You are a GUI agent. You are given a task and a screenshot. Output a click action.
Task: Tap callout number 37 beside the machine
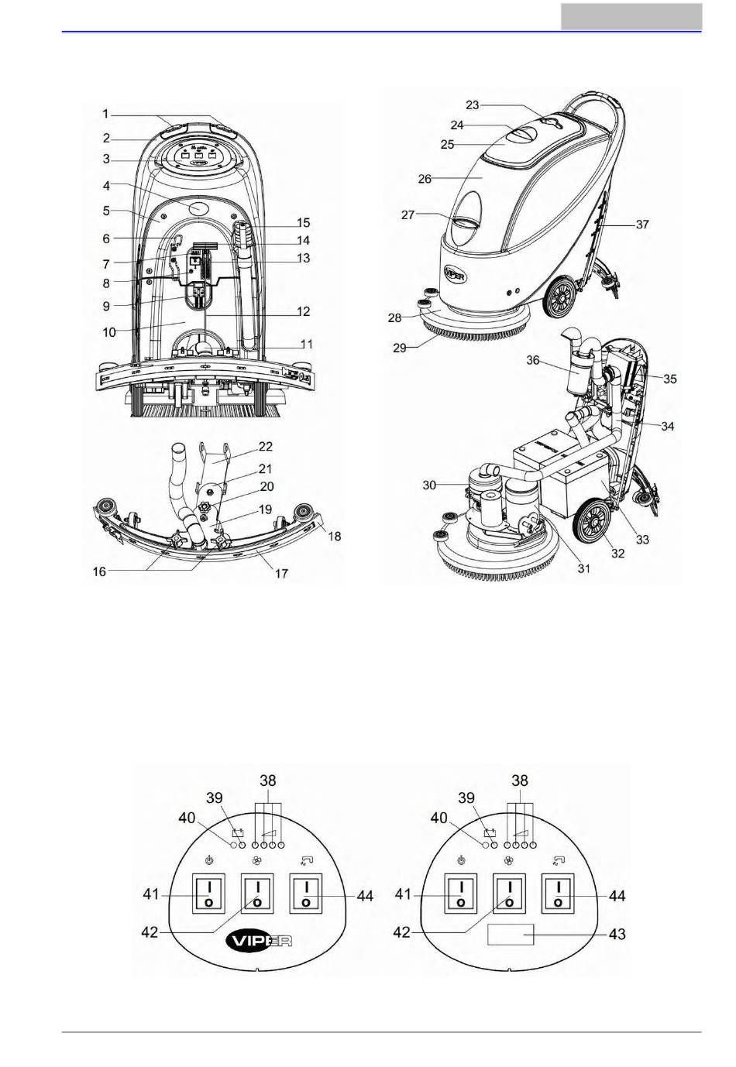click(642, 224)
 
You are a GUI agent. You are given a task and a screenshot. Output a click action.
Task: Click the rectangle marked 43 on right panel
click(510, 934)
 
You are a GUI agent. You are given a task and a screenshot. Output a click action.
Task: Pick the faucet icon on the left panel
click(305, 859)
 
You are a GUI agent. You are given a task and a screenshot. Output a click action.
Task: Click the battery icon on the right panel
click(490, 832)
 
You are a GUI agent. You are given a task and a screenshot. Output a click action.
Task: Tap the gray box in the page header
click(631, 16)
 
